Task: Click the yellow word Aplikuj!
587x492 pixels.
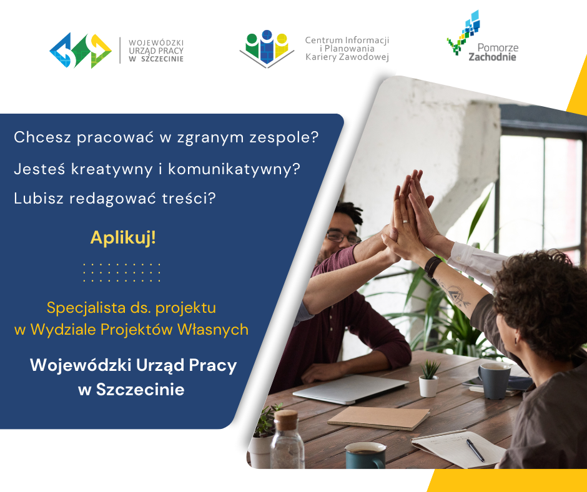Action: coord(123,237)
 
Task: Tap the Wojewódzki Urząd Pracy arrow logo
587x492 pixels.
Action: coord(81,51)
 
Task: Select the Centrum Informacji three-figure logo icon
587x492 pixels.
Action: coord(267,49)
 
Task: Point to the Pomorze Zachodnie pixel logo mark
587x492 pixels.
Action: coord(464,32)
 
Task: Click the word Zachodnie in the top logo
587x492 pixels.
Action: coord(492,57)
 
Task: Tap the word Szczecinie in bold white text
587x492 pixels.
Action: coord(141,390)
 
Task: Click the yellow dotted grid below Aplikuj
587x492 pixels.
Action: coord(122,272)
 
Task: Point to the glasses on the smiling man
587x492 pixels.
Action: coord(343,237)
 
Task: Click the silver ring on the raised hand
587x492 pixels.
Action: coord(405,222)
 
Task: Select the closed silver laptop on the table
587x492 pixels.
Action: coord(350,390)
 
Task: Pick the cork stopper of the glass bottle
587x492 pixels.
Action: coord(286,420)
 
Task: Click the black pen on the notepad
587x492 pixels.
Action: coord(475,450)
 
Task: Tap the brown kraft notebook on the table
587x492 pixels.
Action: coord(378,418)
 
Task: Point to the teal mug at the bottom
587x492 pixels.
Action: coord(365,455)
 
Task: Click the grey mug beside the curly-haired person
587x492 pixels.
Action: coord(495,381)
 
